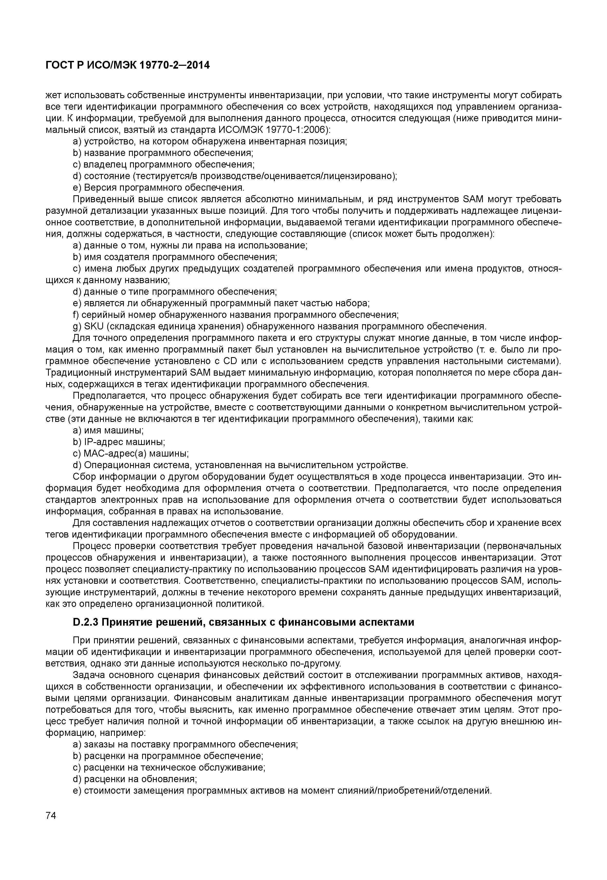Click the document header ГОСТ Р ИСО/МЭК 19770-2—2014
tap(127, 66)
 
